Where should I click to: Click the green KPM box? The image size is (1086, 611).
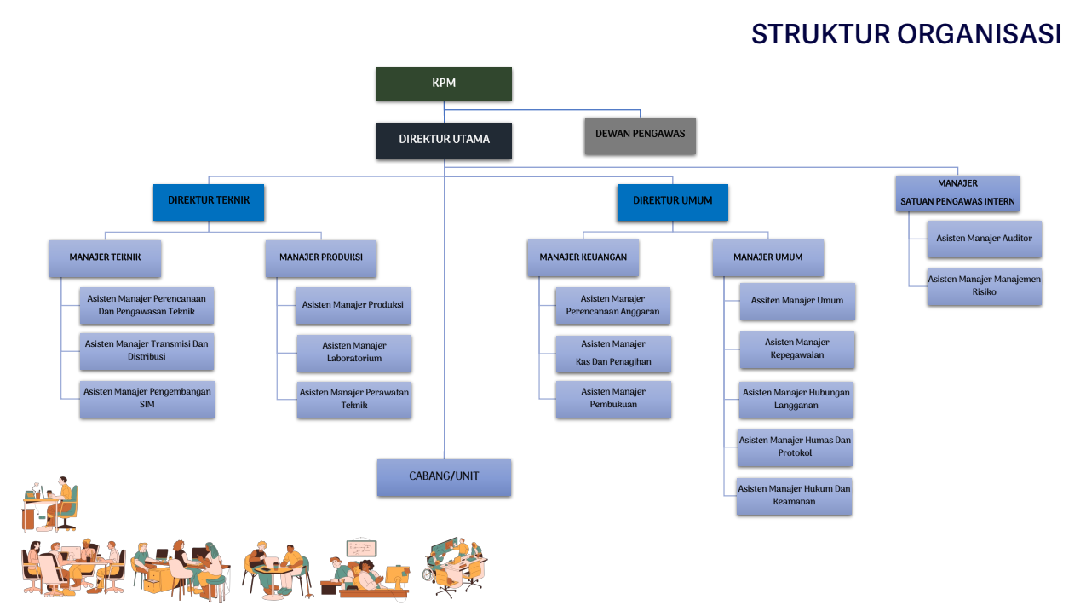[444, 84]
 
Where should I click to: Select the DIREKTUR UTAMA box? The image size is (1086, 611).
[444, 141]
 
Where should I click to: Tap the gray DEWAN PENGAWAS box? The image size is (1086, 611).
[640, 135]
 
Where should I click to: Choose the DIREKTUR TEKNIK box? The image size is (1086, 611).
[209, 202]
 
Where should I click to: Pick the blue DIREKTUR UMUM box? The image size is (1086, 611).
[672, 202]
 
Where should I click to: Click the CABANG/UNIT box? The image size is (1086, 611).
[444, 477]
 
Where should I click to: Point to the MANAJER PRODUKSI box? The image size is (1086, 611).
[320, 258]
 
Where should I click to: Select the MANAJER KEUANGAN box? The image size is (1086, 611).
[583, 258]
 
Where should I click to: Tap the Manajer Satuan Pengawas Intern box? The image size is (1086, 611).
[957, 193]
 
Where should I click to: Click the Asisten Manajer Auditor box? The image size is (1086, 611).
[984, 239]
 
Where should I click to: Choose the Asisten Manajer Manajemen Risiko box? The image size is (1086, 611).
[984, 285]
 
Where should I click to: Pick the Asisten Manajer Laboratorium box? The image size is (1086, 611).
[354, 353]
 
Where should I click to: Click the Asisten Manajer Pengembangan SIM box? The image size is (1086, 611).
[147, 399]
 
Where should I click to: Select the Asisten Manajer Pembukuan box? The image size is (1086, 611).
[613, 399]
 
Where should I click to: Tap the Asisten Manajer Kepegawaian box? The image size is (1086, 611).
[796, 349]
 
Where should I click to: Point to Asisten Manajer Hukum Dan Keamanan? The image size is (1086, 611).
[794, 496]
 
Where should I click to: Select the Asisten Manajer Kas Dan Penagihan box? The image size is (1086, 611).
[613, 354]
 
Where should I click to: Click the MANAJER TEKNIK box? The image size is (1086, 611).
[105, 258]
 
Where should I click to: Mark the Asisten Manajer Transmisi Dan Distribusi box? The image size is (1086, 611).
[147, 351]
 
